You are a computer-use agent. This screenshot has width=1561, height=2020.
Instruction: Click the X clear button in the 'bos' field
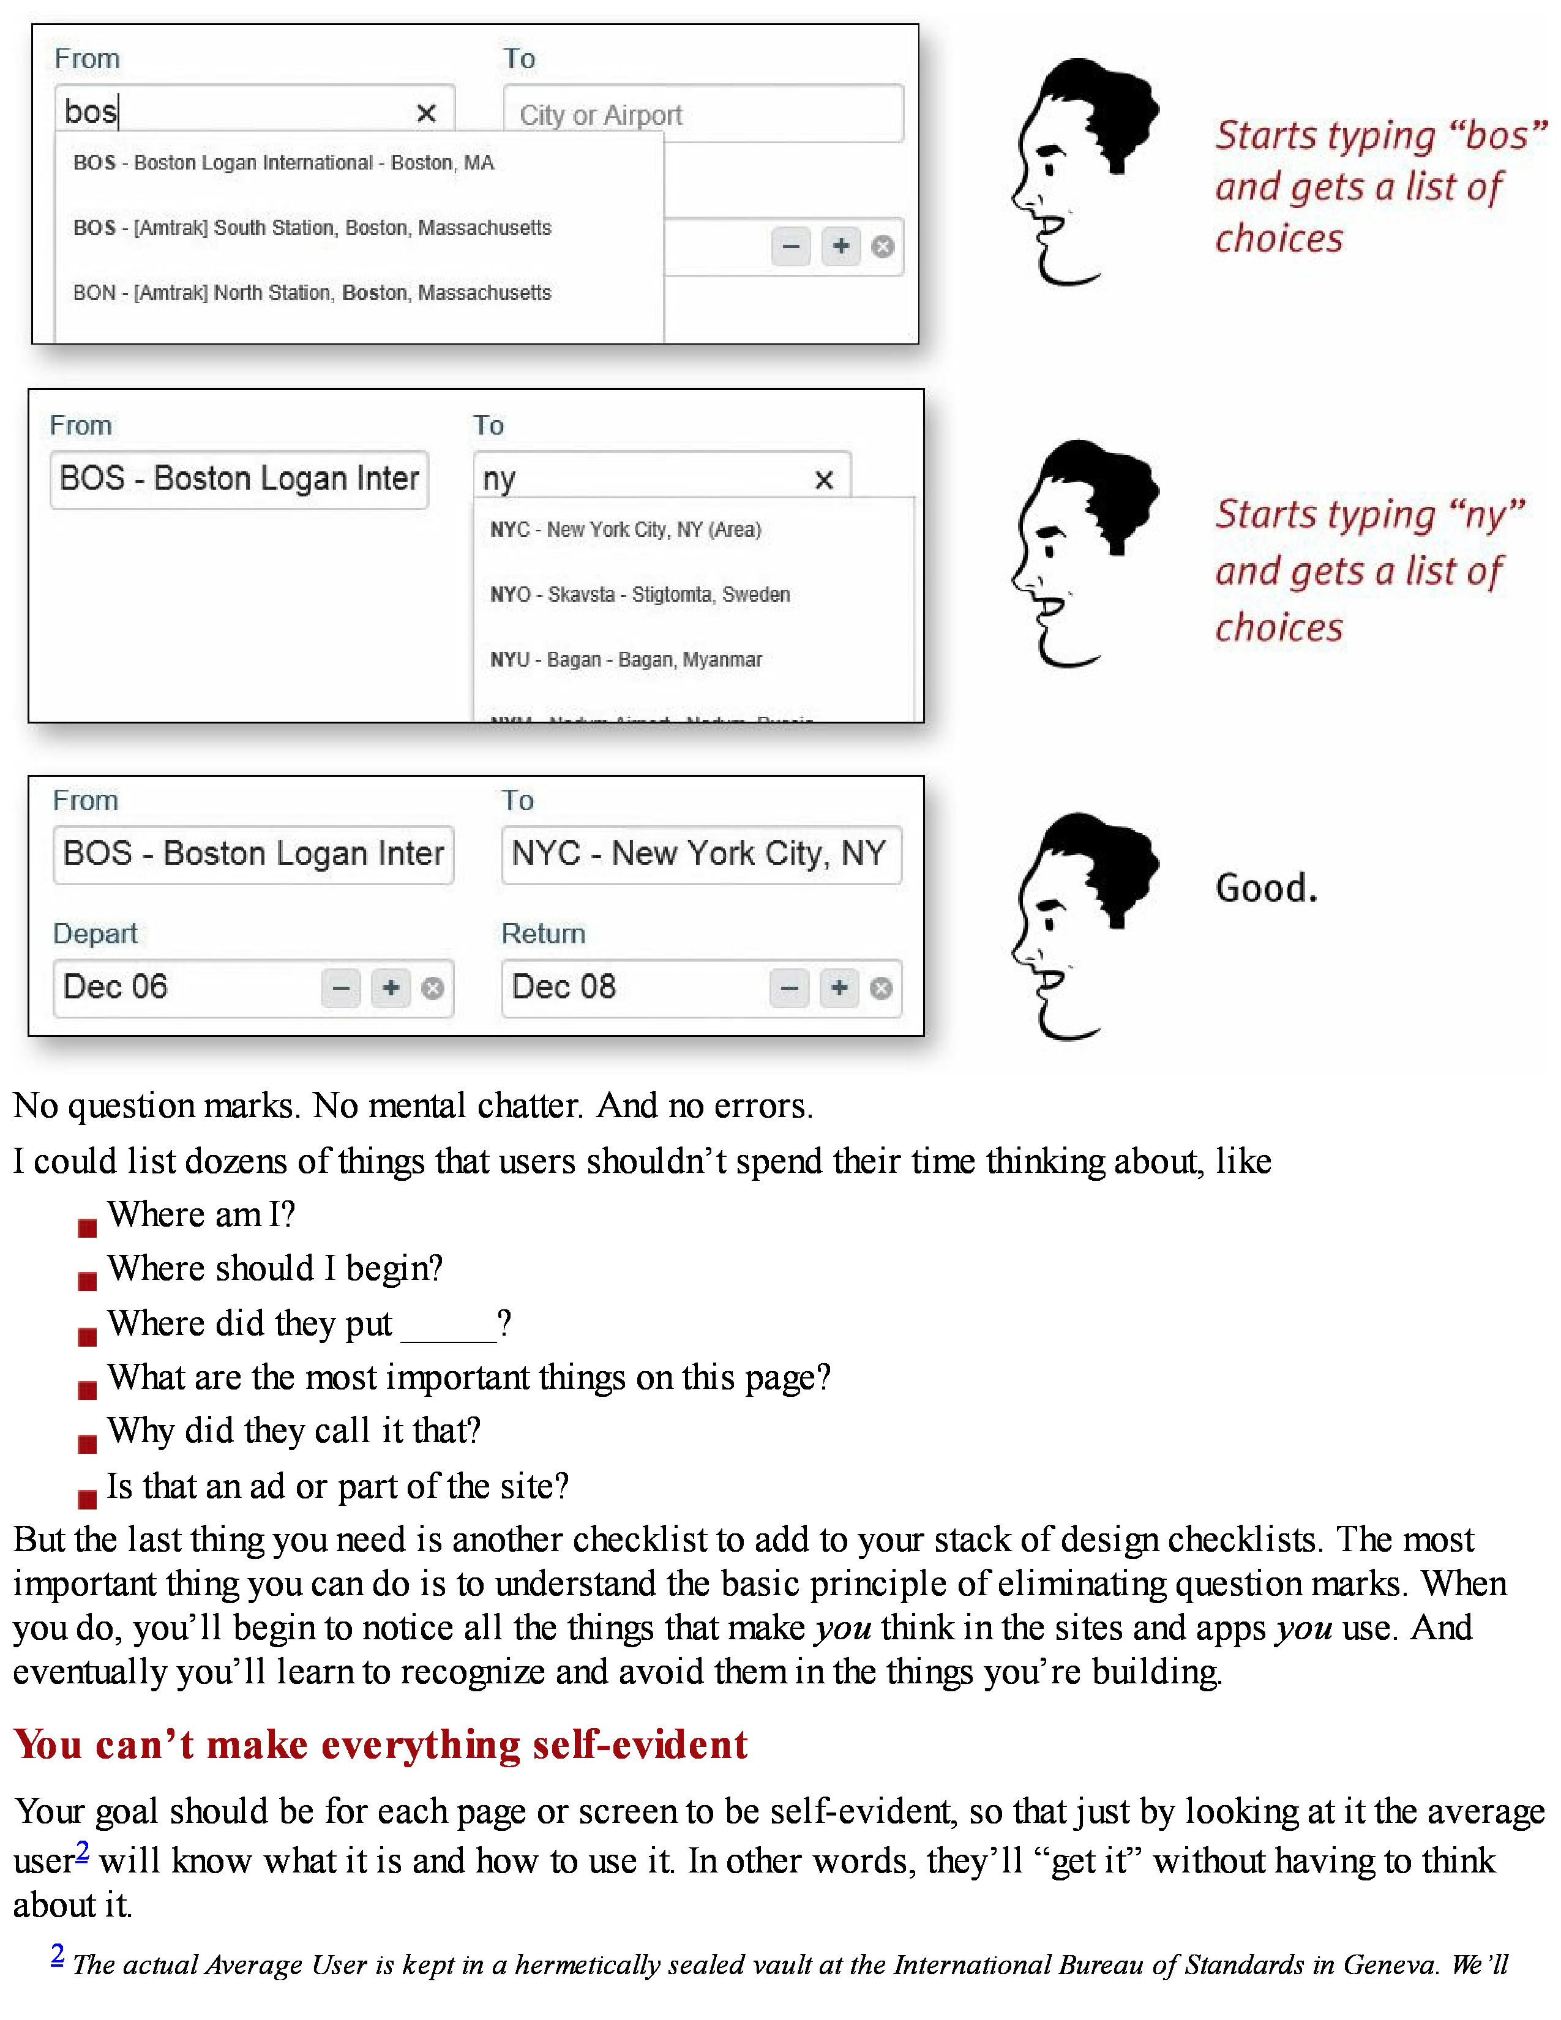point(425,113)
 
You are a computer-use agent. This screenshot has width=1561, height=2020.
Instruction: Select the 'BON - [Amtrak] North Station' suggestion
point(312,293)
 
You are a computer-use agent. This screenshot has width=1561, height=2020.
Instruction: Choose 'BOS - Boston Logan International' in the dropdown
point(283,163)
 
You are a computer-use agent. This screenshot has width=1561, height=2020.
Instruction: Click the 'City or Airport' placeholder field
point(702,114)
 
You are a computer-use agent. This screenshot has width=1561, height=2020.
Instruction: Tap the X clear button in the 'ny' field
point(823,479)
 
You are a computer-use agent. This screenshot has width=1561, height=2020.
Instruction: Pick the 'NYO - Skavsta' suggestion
point(639,595)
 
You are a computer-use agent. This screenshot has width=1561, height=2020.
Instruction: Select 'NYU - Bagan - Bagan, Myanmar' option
point(625,659)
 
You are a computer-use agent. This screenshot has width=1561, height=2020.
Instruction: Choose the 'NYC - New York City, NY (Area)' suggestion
point(625,530)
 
